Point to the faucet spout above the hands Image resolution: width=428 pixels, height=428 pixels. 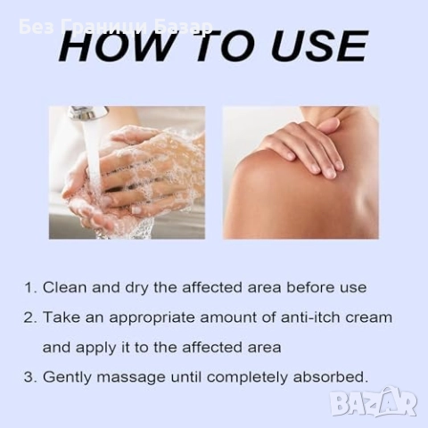coord(88,113)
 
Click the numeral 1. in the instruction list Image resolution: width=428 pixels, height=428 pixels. coord(30,288)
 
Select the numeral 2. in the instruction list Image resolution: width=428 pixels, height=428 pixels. coord(30,317)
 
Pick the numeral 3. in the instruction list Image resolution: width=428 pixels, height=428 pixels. coord(30,377)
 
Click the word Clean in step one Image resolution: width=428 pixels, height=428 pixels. coord(65,287)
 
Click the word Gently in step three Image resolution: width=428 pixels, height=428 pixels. coord(67,378)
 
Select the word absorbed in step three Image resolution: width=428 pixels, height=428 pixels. coord(331,376)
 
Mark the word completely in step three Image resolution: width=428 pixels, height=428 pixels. coord(247,378)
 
